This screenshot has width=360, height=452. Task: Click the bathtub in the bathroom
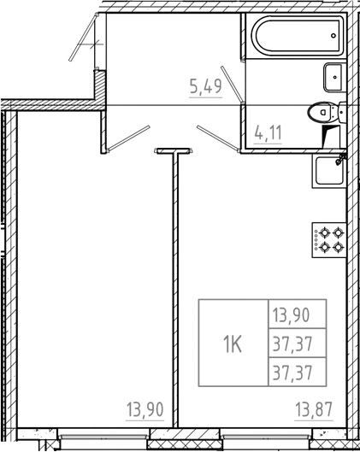(293, 38)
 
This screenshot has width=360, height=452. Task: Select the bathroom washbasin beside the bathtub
(332, 79)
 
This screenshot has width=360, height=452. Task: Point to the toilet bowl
(323, 111)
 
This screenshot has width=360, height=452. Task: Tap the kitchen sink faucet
(339, 157)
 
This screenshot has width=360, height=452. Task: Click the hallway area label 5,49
(206, 85)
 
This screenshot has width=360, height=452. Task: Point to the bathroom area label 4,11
(269, 133)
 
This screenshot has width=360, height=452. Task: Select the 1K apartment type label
(232, 344)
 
